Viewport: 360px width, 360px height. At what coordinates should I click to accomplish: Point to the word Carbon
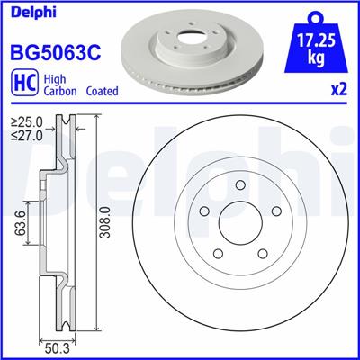coord(57,92)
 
